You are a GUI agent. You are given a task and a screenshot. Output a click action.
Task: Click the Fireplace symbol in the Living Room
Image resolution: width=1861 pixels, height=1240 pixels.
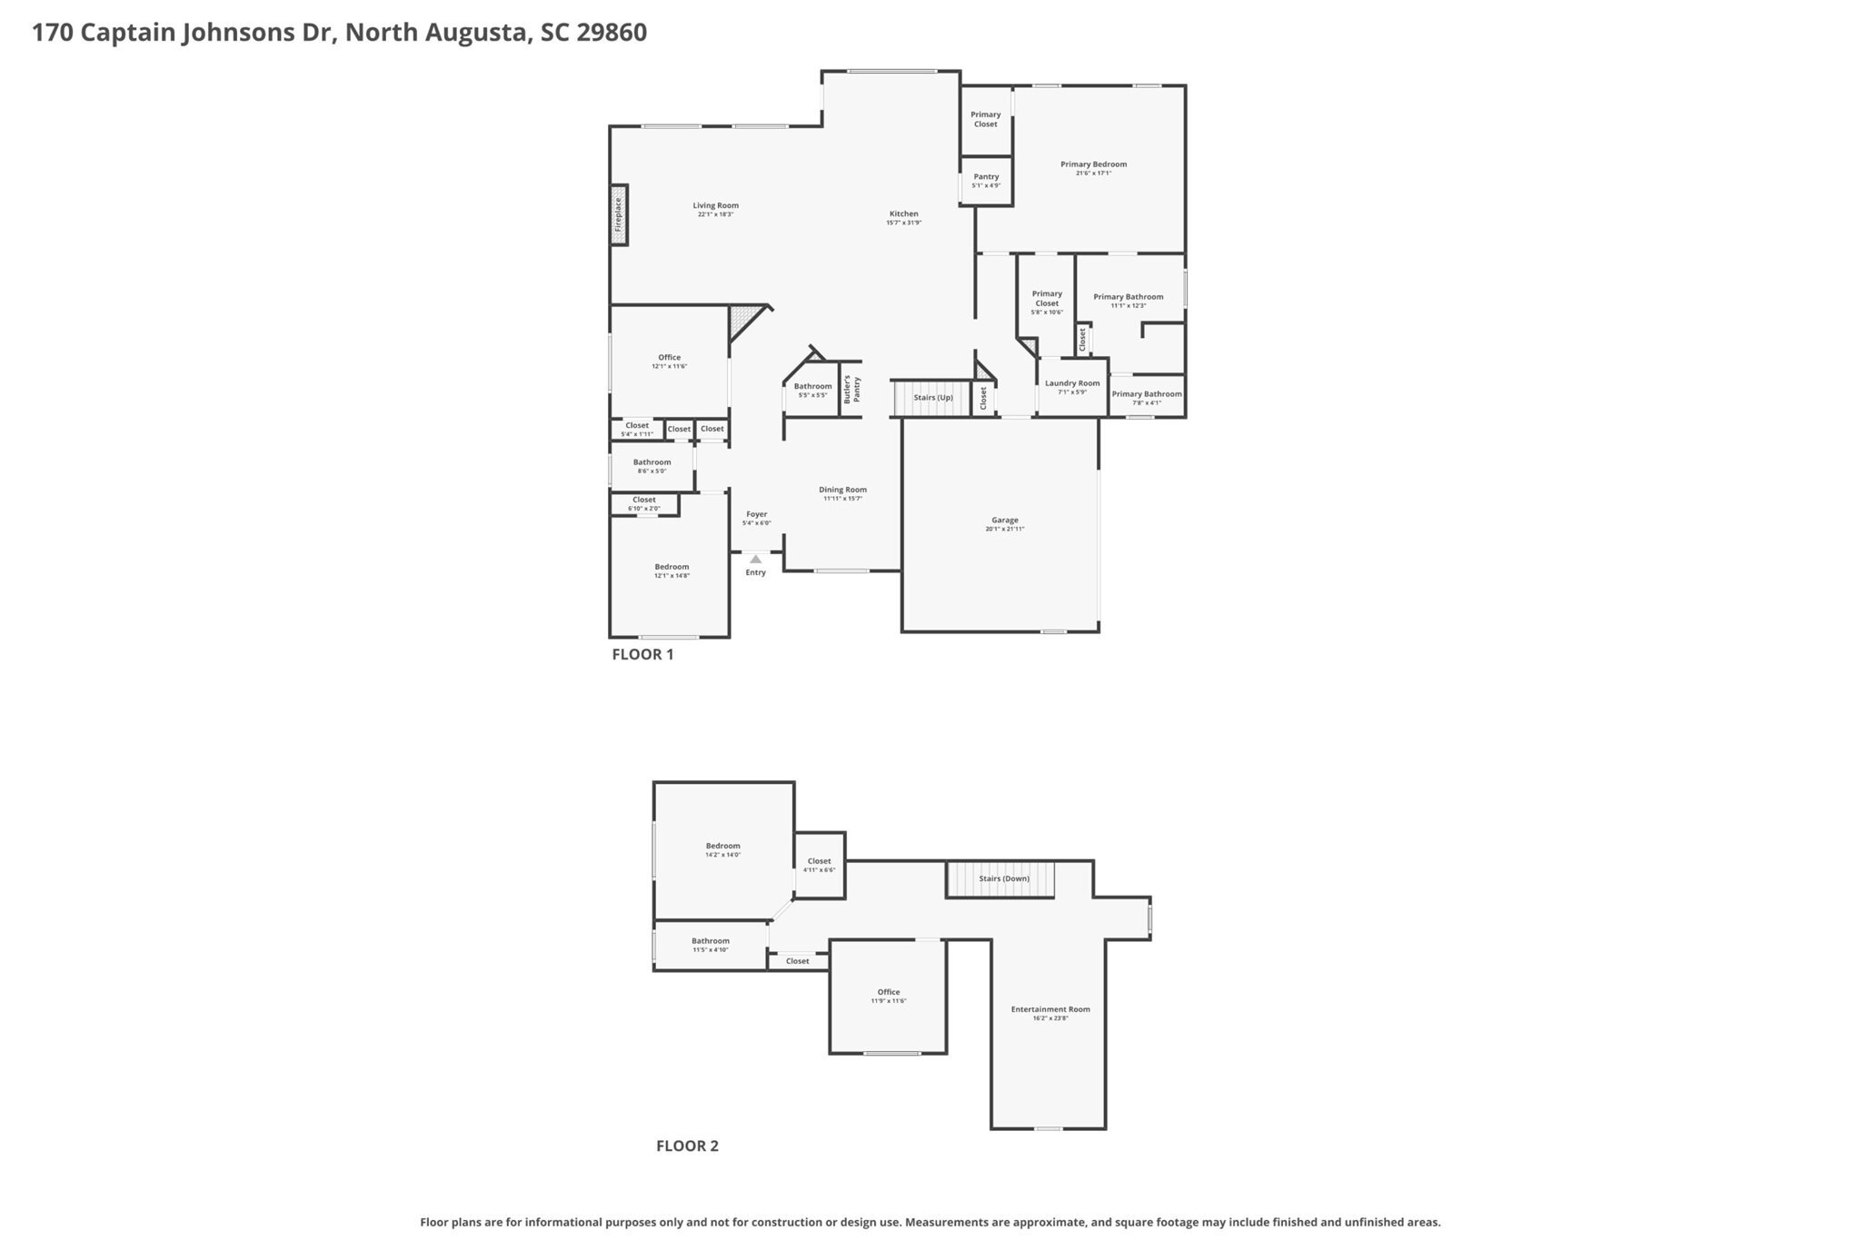tap(619, 214)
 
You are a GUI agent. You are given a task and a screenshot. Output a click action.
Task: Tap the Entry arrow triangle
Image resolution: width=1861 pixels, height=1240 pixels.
tap(755, 560)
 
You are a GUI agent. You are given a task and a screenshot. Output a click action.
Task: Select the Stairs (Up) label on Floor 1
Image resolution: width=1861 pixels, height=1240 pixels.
tap(933, 398)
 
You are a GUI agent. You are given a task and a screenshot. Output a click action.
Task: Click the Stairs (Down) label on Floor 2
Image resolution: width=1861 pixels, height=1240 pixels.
tap(1004, 878)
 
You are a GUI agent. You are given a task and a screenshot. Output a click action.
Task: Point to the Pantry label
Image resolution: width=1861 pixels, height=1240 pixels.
tap(986, 177)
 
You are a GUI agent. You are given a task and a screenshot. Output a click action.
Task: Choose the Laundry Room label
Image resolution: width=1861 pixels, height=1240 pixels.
tap(1072, 383)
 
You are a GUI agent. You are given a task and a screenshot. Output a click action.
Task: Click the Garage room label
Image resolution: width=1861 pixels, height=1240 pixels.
tap(1004, 521)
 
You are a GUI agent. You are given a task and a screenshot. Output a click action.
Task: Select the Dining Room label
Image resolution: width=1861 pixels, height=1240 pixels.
tap(842, 490)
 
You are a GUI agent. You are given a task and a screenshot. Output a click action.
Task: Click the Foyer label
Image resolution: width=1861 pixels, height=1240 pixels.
tap(756, 514)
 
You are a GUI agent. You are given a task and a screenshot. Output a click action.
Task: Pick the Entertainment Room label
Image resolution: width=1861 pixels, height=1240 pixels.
tap(1050, 1009)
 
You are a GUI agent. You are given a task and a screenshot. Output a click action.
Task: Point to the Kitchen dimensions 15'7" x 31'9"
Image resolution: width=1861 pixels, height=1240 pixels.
tap(904, 223)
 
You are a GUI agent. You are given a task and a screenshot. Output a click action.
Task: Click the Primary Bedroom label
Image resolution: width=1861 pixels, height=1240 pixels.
tap(1093, 164)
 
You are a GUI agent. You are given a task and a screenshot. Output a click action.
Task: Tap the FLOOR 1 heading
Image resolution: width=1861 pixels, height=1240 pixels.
tap(642, 654)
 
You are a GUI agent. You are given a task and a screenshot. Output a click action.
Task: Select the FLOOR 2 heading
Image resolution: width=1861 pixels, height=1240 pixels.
tap(687, 1146)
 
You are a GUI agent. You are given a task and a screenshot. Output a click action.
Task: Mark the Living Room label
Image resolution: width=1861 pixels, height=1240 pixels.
tap(715, 205)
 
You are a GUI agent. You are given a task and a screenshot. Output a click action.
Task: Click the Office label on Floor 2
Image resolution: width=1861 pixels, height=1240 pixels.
tap(889, 992)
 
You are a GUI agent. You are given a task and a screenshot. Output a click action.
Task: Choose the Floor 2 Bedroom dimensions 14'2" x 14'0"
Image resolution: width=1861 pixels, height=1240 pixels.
tap(723, 855)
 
